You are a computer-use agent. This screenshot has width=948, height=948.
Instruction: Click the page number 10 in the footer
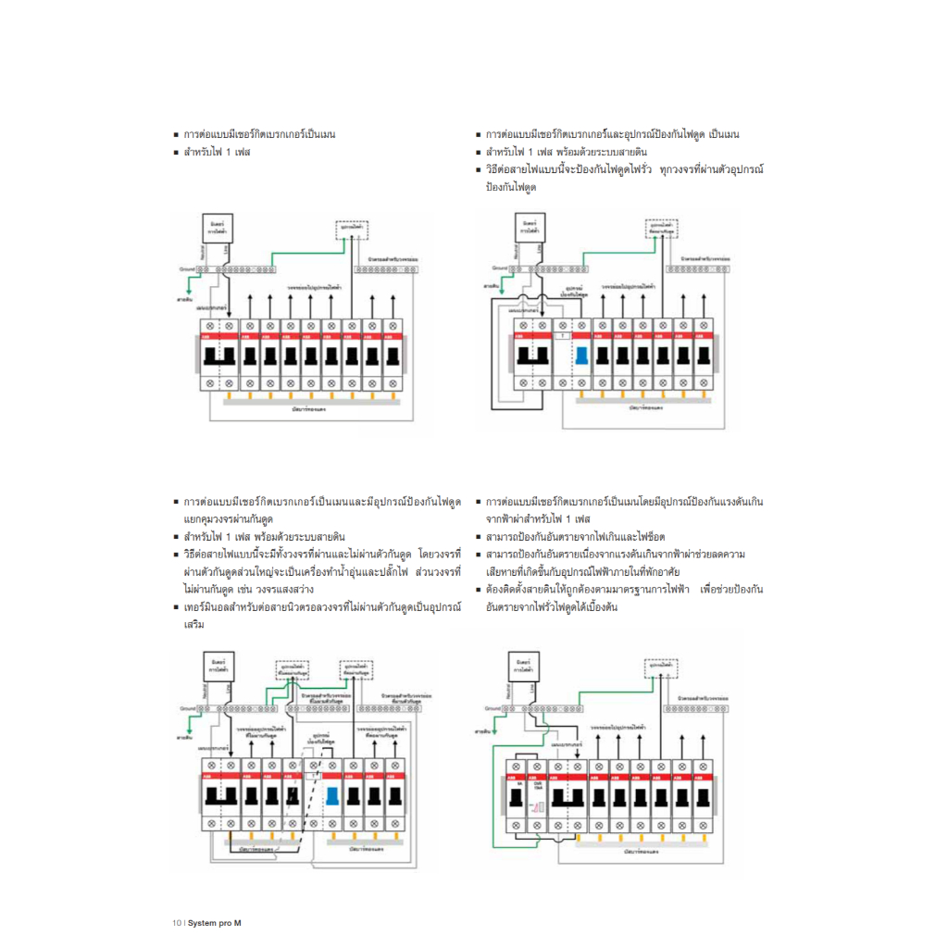pos(177,922)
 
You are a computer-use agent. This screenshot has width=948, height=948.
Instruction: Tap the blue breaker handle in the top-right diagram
pos(581,355)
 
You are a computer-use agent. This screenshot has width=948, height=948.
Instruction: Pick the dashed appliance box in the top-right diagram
pos(661,228)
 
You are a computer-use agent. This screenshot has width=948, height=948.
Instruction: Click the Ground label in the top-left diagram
pos(190,268)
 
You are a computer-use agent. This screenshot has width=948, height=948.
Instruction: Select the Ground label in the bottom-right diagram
pos(494,708)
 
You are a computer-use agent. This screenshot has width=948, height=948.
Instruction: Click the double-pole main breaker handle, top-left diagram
pos(220,355)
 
